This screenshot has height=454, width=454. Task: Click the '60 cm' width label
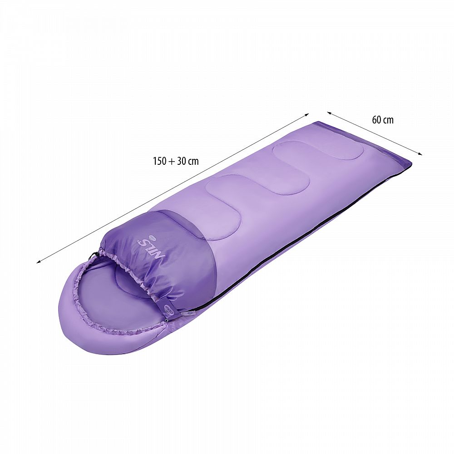click(x=383, y=119)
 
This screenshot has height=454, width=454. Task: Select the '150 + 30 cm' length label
click(x=176, y=161)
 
